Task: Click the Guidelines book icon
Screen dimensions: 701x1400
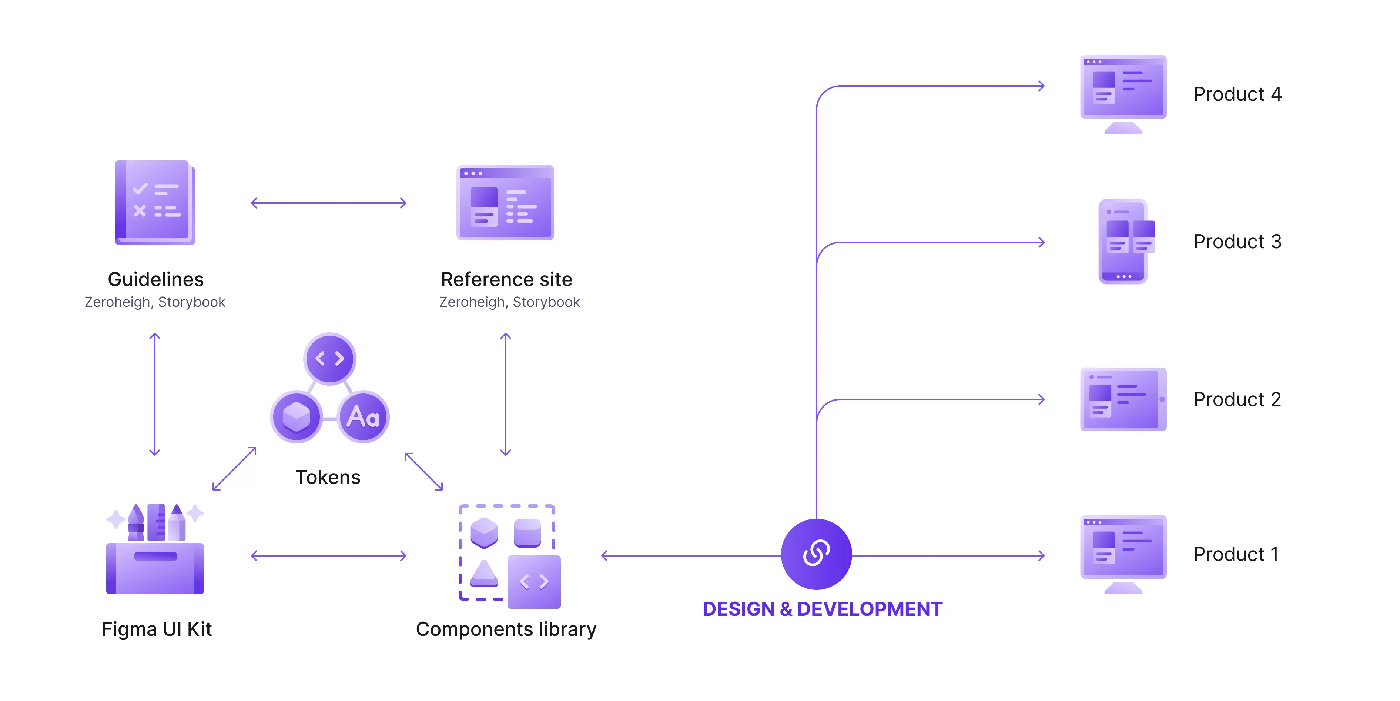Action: point(155,202)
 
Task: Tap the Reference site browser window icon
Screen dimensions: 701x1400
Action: point(505,202)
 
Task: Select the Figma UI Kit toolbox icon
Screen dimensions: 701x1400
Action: point(155,550)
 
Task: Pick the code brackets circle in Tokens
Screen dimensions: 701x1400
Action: point(329,358)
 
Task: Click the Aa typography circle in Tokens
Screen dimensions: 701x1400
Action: point(362,416)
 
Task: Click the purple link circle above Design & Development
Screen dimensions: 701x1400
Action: point(816,554)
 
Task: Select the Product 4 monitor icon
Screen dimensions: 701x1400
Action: point(1123,93)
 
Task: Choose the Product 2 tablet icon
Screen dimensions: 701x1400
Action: point(1123,399)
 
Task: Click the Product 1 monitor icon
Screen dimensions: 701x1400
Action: point(1123,554)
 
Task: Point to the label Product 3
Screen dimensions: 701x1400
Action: point(1237,242)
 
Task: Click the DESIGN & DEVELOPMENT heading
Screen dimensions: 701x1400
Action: point(822,609)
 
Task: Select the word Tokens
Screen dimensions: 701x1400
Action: point(328,477)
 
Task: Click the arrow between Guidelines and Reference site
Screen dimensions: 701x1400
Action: point(328,203)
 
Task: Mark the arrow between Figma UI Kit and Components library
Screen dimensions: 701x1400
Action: point(328,555)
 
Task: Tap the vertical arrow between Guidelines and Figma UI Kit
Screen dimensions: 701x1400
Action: point(155,394)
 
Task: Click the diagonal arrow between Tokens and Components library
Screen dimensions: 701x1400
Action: point(424,471)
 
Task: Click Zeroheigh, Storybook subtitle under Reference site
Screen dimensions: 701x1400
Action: point(509,302)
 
